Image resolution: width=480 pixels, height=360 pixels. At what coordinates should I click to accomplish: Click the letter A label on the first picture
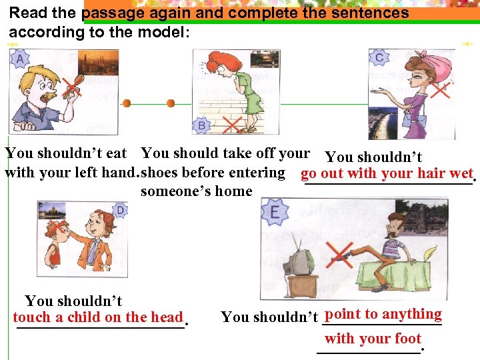19,60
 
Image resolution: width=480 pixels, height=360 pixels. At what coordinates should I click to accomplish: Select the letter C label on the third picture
379,58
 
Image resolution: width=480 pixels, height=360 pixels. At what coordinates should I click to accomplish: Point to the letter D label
119,211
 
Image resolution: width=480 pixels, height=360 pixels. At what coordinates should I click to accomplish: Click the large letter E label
275,213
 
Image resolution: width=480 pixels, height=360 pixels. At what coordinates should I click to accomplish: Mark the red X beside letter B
231,125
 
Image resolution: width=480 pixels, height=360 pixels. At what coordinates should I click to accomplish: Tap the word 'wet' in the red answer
461,175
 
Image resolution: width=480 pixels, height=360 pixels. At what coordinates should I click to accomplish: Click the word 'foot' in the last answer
408,338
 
